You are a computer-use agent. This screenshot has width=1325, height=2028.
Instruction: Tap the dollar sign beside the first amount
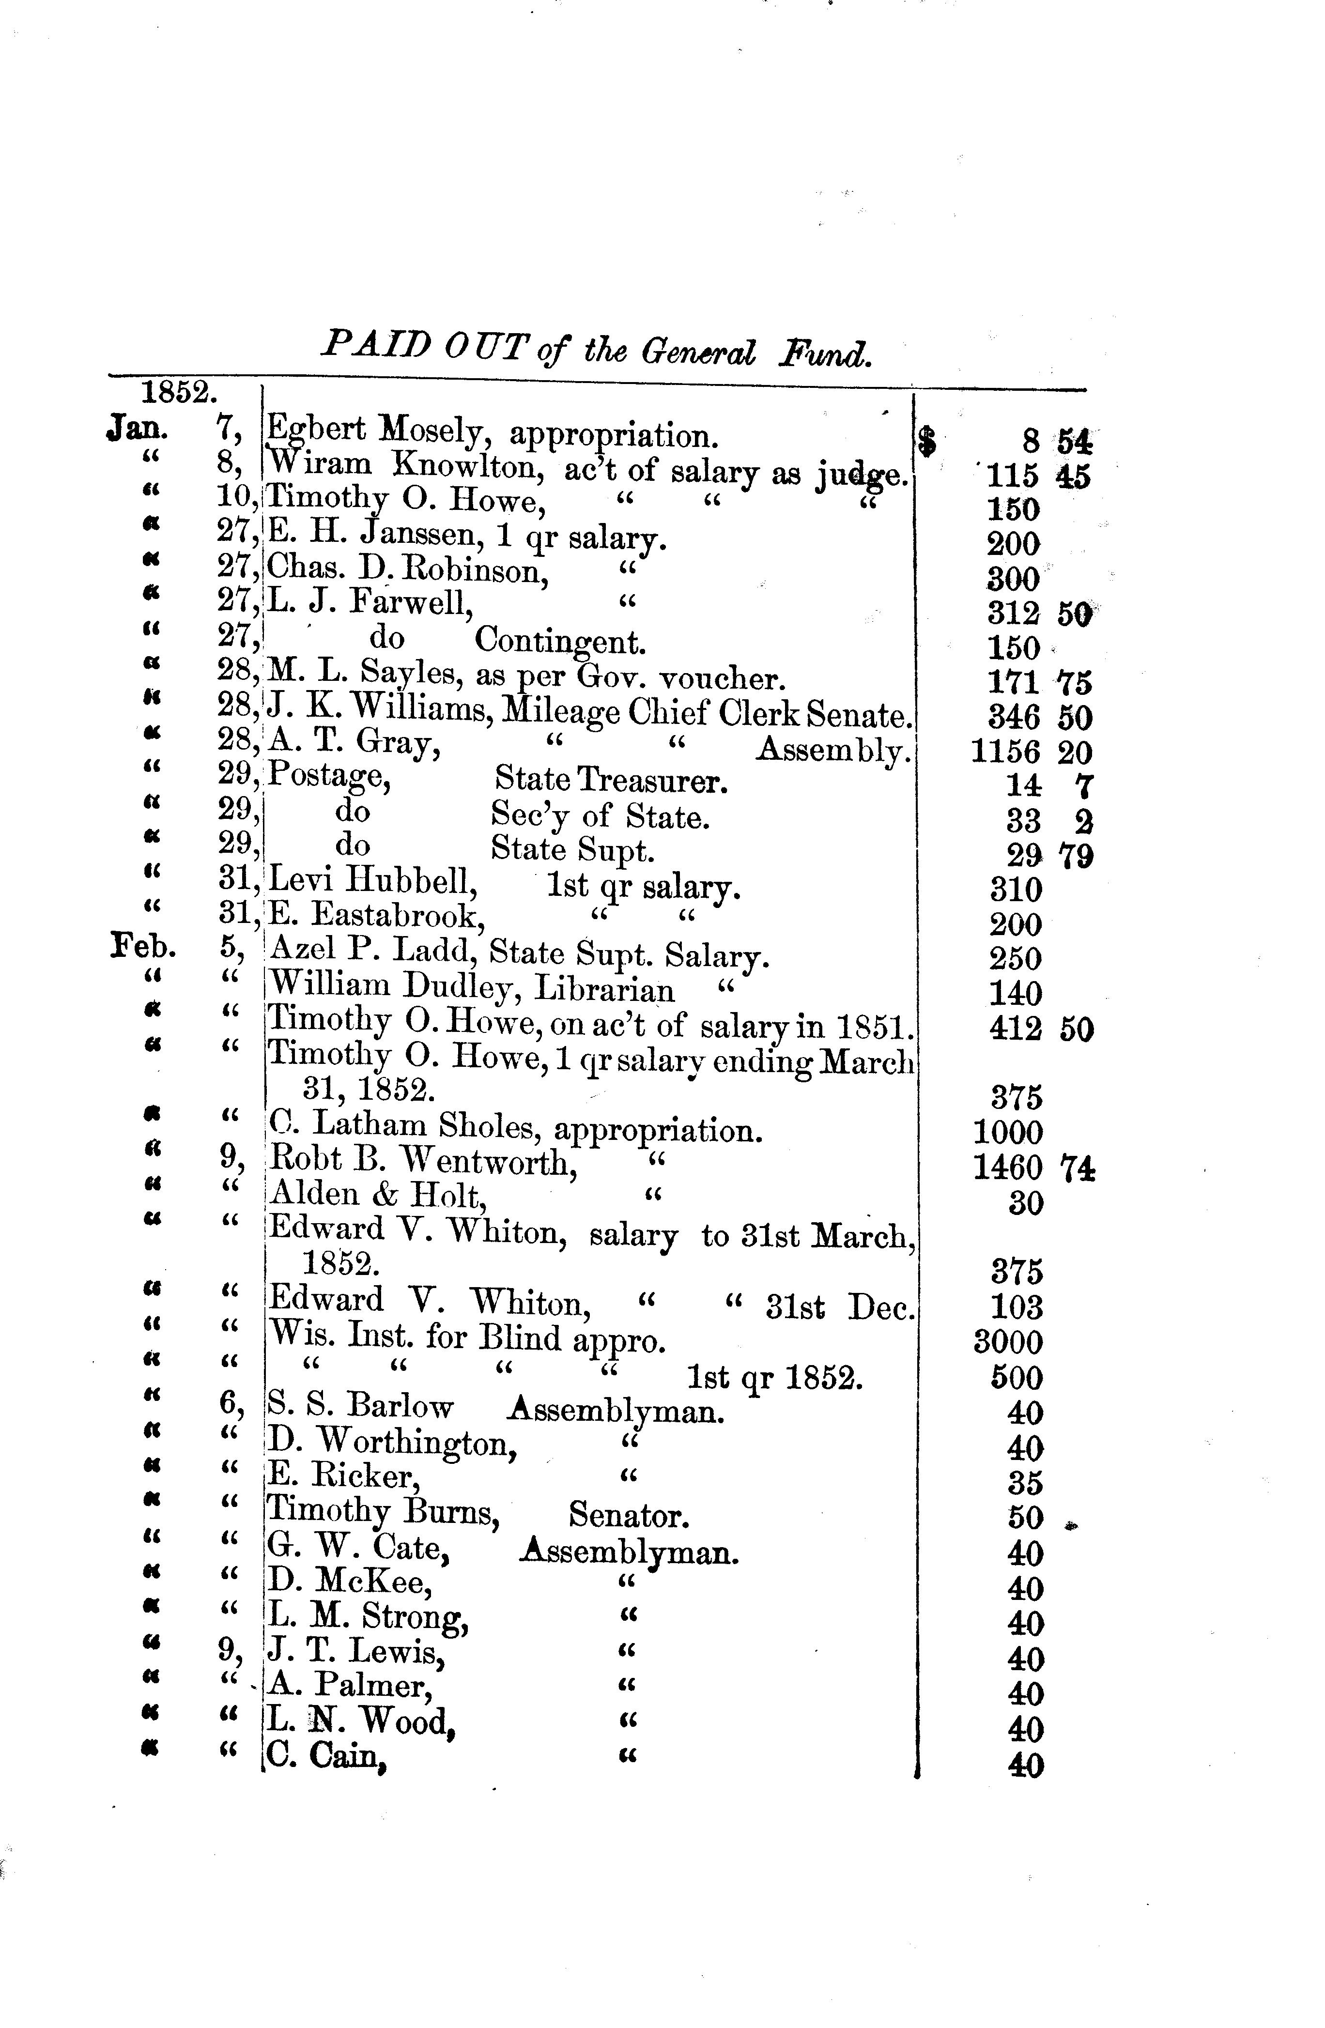point(927,442)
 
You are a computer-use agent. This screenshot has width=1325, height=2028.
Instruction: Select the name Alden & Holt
point(377,1195)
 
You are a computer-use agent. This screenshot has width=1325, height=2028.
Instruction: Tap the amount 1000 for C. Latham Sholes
point(1008,1133)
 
